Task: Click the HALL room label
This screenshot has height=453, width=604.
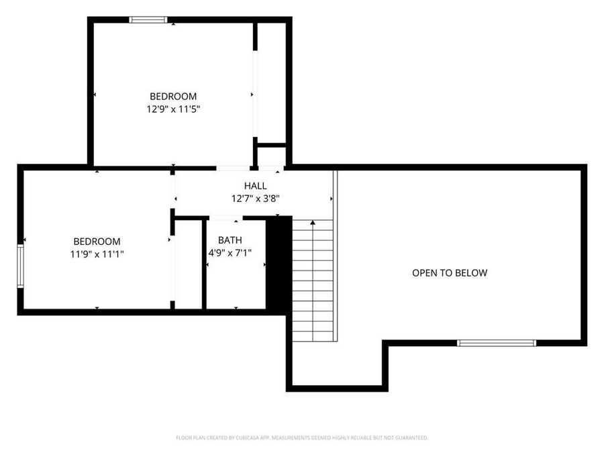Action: pyautogui.click(x=255, y=186)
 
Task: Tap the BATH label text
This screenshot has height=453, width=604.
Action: pyautogui.click(x=230, y=240)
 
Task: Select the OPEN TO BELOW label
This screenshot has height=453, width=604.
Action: pyautogui.click(x=449, y=272)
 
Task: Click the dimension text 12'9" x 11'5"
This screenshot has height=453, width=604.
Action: pyautogui.click(x=173, y=109)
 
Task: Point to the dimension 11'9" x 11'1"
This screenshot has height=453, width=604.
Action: pyautogui.click(x=97, y=254)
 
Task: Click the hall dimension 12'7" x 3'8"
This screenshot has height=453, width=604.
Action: pyautogui.click(x=255, y=198)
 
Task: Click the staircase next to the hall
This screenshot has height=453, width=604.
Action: pyautogui.click(x=313, y=282)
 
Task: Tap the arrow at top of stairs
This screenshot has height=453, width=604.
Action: pyautogui.click(x=313, y=222)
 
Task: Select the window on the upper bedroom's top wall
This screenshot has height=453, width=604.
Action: pyautogui.click(x=148, y=20)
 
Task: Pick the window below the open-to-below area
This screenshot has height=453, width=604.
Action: pyautogui.click(x=497, y=343)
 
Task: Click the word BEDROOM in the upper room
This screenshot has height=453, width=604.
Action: pyautogui.click(x=173, y=97)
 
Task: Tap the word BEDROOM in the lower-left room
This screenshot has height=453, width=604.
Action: pyautogui.click(x=97, y=242)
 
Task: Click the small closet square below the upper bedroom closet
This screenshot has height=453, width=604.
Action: pyautogui.click(x=271, y=156)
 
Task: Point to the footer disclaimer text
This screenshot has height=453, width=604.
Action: pyautogui.click(x=302, y=438)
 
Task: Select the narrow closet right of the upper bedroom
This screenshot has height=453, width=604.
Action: pyautogui.click(x=271, y=81)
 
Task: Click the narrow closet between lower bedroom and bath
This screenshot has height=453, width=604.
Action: pyautogui.click(x=189, y=263)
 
